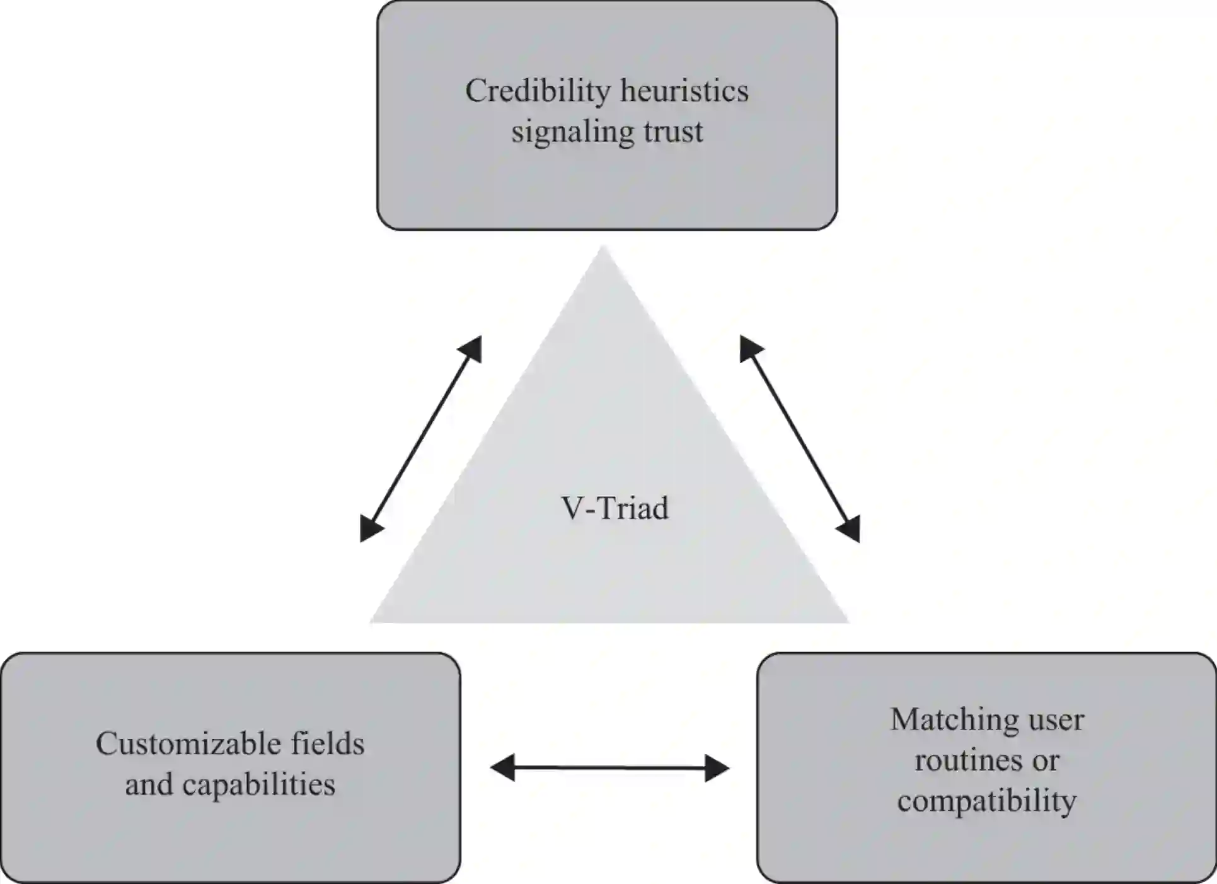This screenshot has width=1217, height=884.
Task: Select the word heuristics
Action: coord(684,91)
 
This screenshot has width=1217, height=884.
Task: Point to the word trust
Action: coord(673,132)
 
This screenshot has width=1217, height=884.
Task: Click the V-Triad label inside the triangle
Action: coord(614,508)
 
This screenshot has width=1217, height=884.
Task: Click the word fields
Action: coord(328,744)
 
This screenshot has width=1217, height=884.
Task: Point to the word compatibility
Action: coord(987,801)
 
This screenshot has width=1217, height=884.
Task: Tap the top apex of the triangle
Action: coord(603,249)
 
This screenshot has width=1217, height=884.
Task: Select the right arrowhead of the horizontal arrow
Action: coord(718,768)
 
